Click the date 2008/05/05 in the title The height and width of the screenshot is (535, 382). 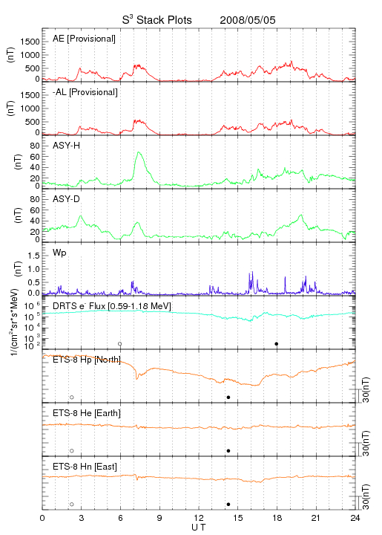click(248, 20)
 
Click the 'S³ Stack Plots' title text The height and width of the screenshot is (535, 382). click(157, 20)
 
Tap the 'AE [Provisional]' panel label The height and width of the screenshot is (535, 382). click(84, 39)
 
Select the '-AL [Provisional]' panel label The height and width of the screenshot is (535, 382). click(85, 92)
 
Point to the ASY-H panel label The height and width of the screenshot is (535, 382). click(67, 146)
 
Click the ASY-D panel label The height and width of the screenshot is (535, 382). click(67, 199)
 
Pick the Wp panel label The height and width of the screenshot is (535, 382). click(59, 253)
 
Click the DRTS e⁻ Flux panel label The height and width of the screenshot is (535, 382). click(112, 306)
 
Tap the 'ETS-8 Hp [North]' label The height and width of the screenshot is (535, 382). click(87, 360)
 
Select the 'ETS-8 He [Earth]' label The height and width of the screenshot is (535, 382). click(87, 413)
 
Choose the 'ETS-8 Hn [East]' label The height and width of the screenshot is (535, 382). click(85, 467)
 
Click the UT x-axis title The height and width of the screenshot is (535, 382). click(199, 528)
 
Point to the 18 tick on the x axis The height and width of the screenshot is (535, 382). click(277, 518)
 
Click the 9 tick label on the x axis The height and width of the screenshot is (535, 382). click(159, 518)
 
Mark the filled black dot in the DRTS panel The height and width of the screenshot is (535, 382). click(277, 344)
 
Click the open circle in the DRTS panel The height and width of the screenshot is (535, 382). click(120, 344)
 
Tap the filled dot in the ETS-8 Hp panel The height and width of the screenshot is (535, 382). click(228, 397)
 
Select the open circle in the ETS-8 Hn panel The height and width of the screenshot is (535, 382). click(72, 505)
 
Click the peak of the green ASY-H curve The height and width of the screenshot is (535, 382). click(139, 152)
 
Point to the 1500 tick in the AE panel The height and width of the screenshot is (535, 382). click(30, 42)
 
